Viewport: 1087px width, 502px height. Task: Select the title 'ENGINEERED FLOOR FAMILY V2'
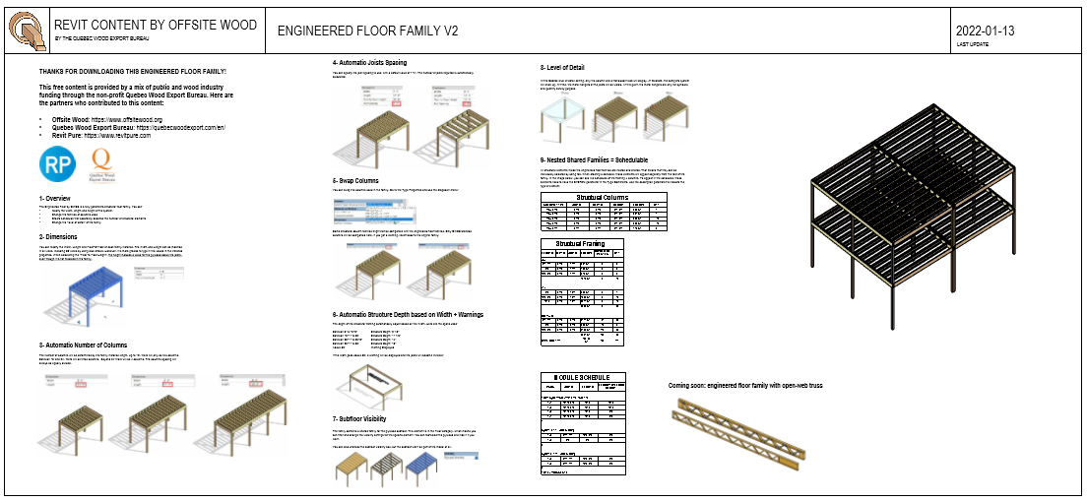pos(367,31)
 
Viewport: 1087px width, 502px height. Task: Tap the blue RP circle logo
pos(55,164)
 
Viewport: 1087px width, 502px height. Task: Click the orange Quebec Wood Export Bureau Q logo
pos(99,164)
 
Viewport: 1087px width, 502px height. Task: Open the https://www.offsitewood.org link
pos(127,119)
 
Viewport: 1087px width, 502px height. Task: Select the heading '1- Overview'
pos(62,198)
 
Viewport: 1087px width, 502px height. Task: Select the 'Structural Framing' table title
pos(580,243)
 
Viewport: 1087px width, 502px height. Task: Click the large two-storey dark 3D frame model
pos(935,226)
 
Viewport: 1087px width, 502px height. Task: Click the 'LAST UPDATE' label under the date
pos(973,44)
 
